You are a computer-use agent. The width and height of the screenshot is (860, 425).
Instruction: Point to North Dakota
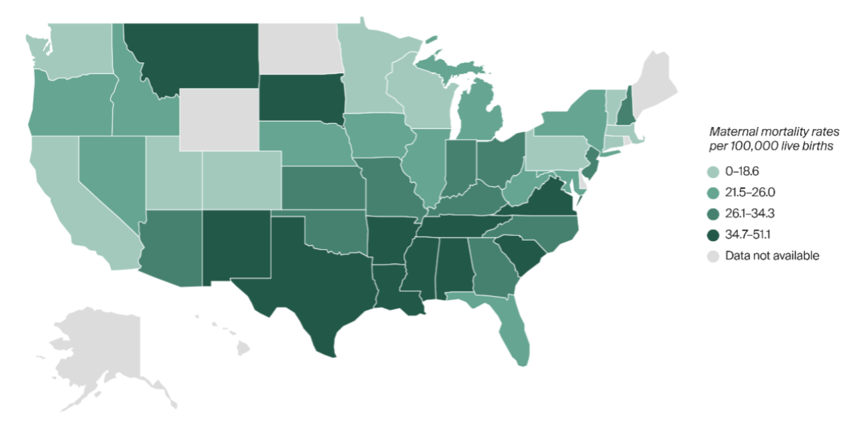[x=299, y=47]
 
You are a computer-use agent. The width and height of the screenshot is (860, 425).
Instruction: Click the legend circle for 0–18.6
[x=716, y=172]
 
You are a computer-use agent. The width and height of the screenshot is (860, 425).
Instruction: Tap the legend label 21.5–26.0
[x=751, y=193]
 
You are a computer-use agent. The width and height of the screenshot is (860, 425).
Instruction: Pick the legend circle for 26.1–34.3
[x=716, y=214]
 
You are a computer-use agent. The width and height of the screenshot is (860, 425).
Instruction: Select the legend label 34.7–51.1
[x=750, y=234]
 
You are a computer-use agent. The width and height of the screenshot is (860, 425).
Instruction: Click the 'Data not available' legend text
[x=772, y=256]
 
